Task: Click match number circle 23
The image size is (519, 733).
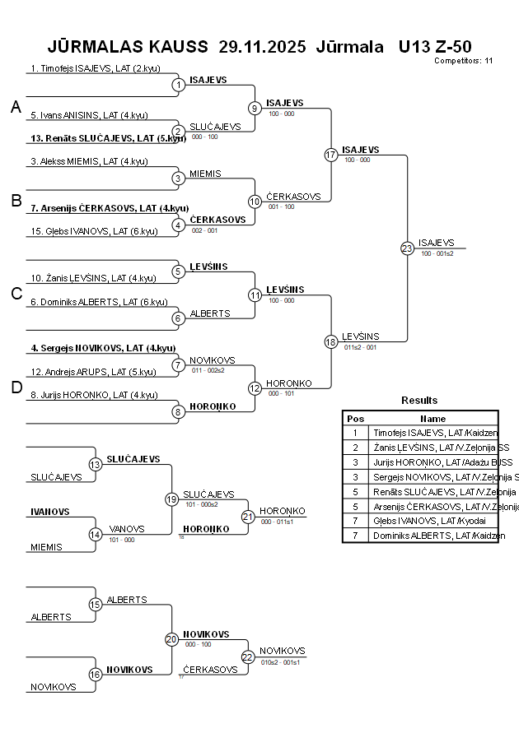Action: click(x=407, y=248)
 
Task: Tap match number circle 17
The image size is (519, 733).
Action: click(x=331, y=155)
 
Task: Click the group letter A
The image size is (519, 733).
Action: click(x=15, y=107)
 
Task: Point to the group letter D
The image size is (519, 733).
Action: click(x=16, y=388)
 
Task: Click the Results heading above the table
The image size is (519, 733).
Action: click(x=419, y=401)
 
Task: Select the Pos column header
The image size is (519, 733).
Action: click(x=355, y=418)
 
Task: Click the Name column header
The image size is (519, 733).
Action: click(x=432, y=418)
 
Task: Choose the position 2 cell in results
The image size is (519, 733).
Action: click(x=355, y=447)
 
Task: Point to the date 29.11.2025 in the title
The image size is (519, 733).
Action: click(x=262, y=46)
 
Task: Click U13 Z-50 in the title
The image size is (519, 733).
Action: click(x=434, y=46)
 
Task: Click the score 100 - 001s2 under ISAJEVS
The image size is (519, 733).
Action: click(x=437, y=253)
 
